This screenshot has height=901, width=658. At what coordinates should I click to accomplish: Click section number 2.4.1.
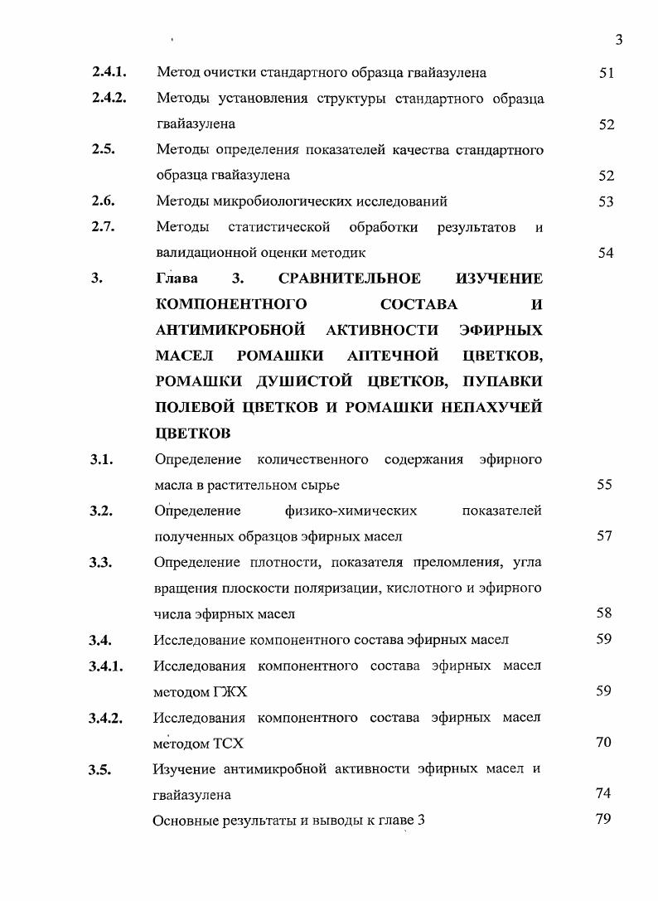(109, 72)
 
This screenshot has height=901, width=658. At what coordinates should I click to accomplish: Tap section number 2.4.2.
(109, 98)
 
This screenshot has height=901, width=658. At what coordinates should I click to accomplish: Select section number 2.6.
(104, 201)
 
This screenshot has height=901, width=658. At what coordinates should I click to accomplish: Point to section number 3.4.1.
(107, 666)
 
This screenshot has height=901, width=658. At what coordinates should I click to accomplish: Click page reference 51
(606, 73)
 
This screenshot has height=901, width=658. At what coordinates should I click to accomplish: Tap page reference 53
(606, 201)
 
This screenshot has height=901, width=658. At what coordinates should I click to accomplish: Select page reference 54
(606, 253)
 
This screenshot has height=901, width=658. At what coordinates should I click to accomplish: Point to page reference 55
(604, 485)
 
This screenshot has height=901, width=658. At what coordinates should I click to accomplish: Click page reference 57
(604, 536)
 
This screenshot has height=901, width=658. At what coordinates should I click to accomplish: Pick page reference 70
(603, 742)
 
